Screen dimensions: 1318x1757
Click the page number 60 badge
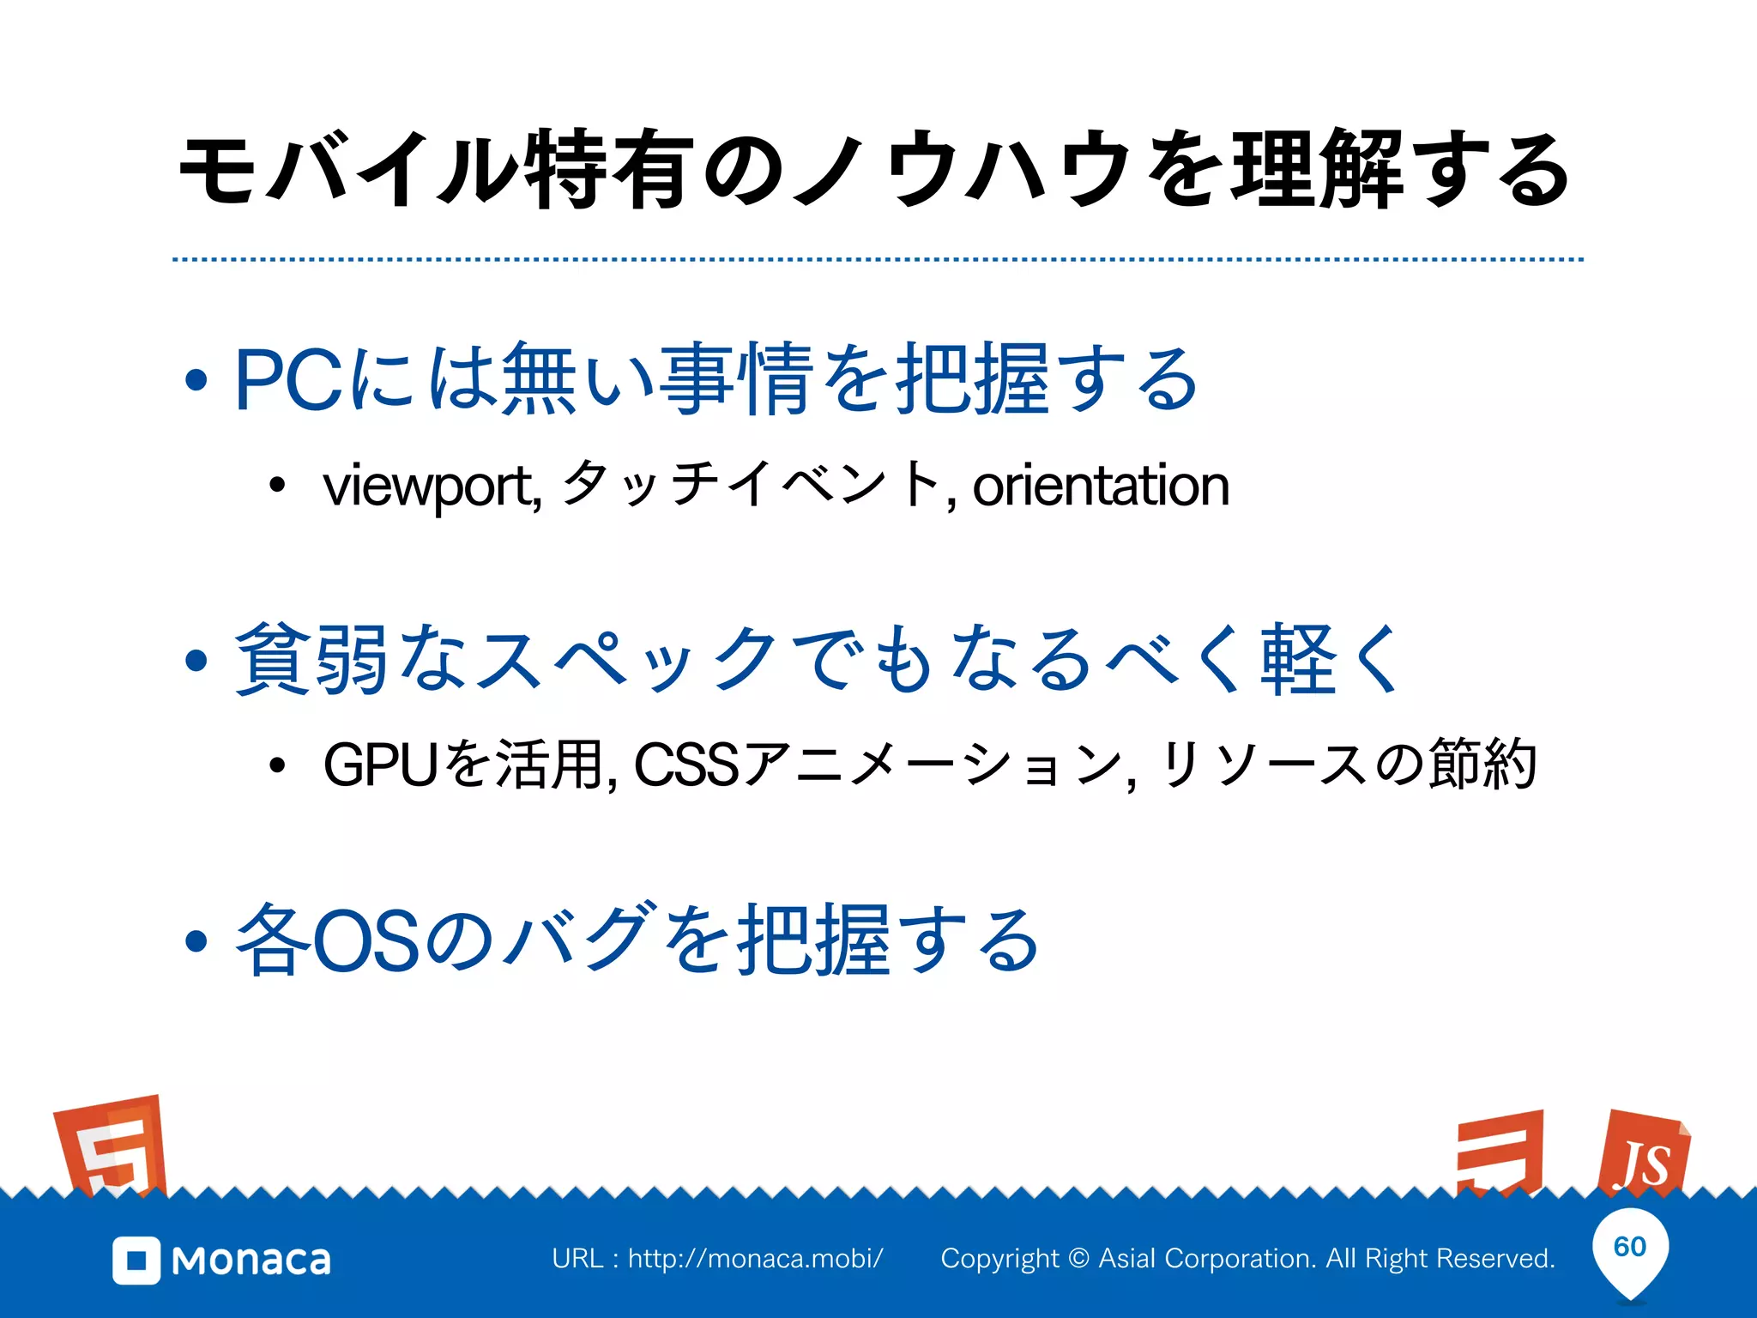tap(1630, 1247)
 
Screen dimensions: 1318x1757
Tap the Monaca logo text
tap(251, 1261)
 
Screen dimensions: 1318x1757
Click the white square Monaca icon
tap(136, 1261)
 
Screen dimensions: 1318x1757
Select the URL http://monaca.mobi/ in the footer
tap(755, 1259)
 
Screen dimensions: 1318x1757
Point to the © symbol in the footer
tap(1079, 1259)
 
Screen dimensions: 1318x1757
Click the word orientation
tap(1101, 486)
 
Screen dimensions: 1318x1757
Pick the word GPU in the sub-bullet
tap(381, 765)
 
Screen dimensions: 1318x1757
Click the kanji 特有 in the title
tap(608, 169)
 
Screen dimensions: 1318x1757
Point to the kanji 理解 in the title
tap(1317, 169)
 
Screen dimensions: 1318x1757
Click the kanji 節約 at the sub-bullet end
tap(1482, 764)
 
